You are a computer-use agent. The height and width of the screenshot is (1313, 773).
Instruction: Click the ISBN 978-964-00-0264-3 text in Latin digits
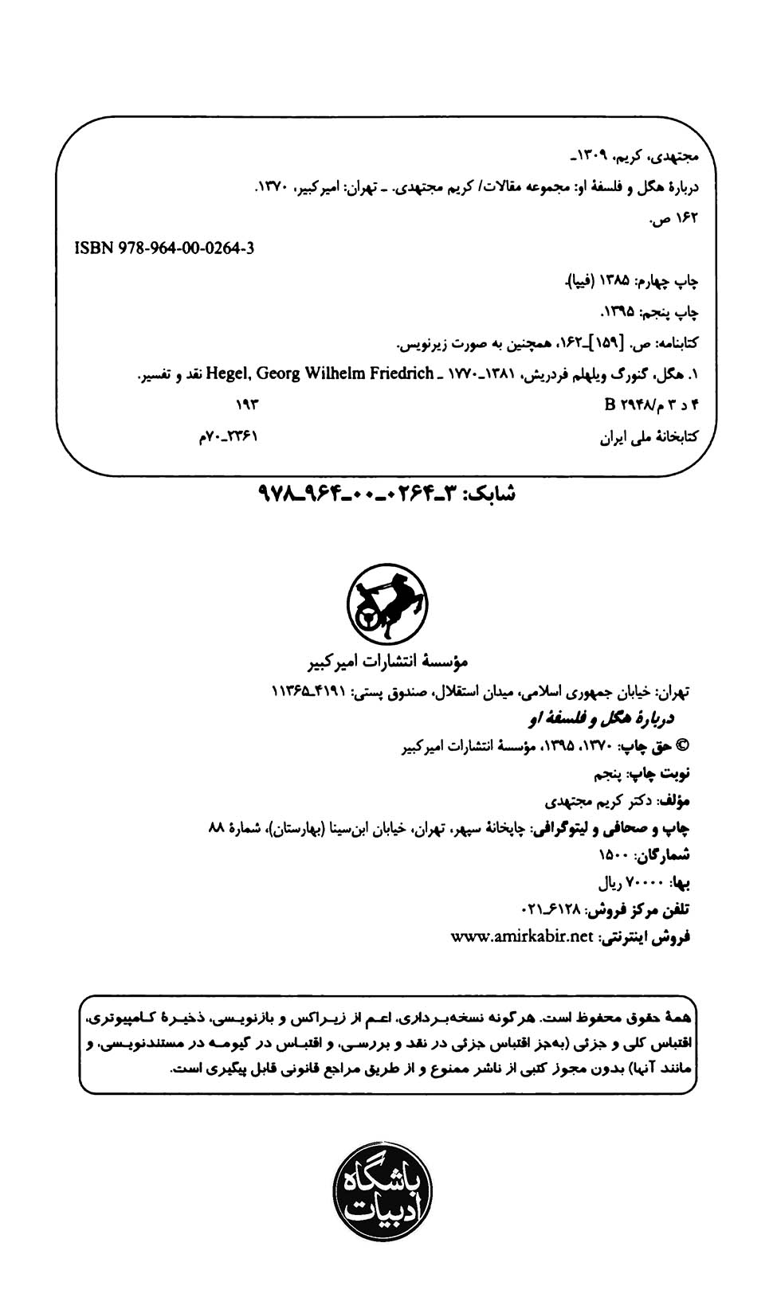[x=165, y=248]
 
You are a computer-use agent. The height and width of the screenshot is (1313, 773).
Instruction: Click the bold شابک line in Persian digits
[x=387, y=494]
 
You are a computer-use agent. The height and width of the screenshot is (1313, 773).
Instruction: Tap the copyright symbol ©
[x=682, y=746]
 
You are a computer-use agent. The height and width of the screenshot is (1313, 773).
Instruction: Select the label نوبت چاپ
[x=662, y=773]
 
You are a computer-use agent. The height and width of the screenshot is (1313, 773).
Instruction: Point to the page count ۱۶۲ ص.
[x=674, y=217]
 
